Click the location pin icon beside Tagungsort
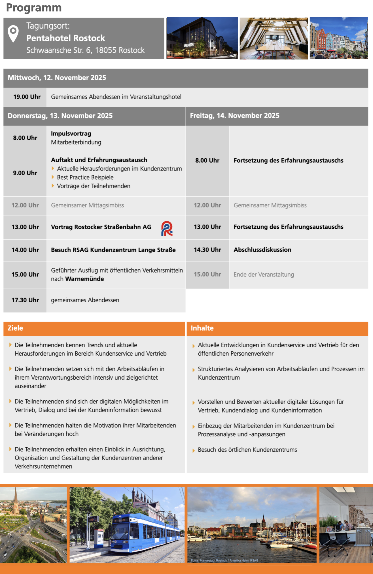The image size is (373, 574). point(13,33)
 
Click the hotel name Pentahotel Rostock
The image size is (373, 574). point(65,38)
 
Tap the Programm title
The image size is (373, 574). point(34,8)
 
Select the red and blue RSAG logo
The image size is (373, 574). point(167,228)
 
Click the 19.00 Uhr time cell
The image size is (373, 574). point(27,97)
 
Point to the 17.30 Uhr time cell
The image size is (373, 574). point(25,300)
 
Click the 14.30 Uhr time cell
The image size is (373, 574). point(207,250)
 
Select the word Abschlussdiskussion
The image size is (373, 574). point(262,250)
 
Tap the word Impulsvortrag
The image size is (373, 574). point(71,134)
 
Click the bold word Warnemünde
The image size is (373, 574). point(84,279)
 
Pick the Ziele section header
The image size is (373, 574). point(15,328)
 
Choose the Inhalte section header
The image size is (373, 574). point(202,328)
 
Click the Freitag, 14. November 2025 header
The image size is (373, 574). point(234,116)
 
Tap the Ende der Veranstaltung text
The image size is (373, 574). point(264,275)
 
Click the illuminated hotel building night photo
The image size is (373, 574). point(202,38)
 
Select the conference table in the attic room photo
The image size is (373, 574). point(274,46)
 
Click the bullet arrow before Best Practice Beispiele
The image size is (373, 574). point(53,177)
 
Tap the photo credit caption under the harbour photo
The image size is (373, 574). point(224,560)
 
